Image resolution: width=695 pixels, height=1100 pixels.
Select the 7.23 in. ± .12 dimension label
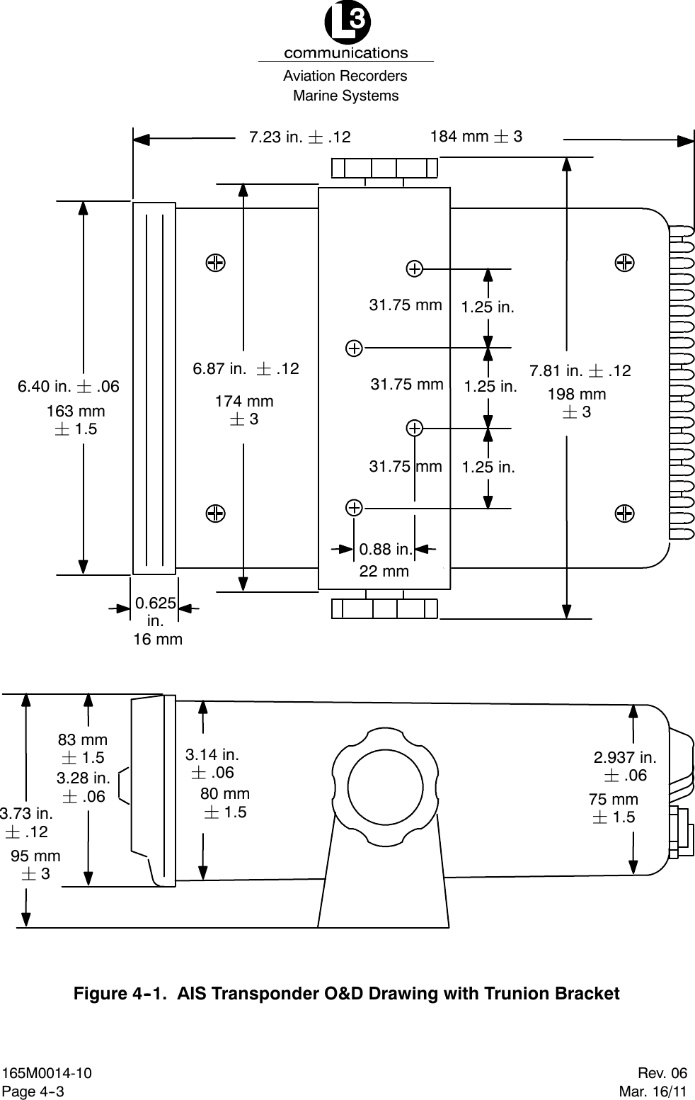coord(299,137)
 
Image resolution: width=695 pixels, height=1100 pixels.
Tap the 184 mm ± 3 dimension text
coord(476,136)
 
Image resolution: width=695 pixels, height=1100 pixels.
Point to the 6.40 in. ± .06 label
coord(69,387)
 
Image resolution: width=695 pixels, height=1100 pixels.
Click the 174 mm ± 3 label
coord(244,410)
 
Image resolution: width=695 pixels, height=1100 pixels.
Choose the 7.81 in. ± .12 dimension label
coord(580,370)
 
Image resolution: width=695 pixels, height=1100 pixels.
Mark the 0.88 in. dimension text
coord(385,549)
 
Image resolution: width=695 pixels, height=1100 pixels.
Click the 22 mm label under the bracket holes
coord(384,571)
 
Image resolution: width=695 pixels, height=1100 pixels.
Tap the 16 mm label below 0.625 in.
coord(158,640)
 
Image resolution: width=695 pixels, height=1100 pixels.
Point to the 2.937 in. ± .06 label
coord(624,766)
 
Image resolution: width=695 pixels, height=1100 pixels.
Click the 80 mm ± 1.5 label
coord(225,803)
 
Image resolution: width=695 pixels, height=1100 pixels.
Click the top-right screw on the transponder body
coord(624,262)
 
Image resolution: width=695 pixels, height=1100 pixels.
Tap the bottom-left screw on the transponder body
coord(216,512)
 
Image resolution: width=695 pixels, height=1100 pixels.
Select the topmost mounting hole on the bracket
coord(415,268)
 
